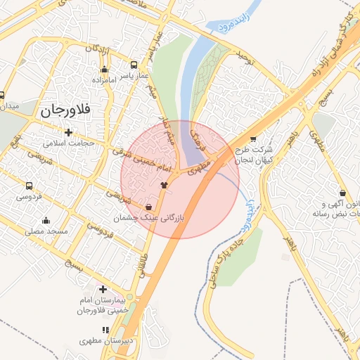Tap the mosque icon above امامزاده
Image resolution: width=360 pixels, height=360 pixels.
pyautogui.click(x=105, y=69)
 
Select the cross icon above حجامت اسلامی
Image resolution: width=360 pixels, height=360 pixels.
pyautogui.click(x=68, y=131)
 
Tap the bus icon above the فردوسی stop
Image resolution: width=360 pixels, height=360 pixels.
pyautogui.click(x=29, y=186)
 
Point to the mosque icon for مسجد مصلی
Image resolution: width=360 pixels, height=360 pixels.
pyautogui.click(x=46, y=220)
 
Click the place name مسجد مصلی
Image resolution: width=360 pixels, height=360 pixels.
pyautogui.click(x=46, y=231)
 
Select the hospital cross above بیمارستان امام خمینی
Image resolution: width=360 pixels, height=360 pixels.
pyautogui.click(x=103, y=289)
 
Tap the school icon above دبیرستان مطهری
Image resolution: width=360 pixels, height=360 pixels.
pyautogui.click(x=105, y=329)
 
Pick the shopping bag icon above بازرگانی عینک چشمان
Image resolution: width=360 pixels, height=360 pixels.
pyautogui.click(x=148, y=207)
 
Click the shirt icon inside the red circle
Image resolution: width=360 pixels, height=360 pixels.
pyautogui.click(x=165, y=185)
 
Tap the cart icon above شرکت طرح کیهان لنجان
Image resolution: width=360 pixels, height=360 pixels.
pyautogui.click(x=253, y=139)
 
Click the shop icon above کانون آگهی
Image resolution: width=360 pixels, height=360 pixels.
pyautogui.click(x=342, y=193)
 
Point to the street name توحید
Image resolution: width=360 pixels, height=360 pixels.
pyautogui.click(x=243, y=55)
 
